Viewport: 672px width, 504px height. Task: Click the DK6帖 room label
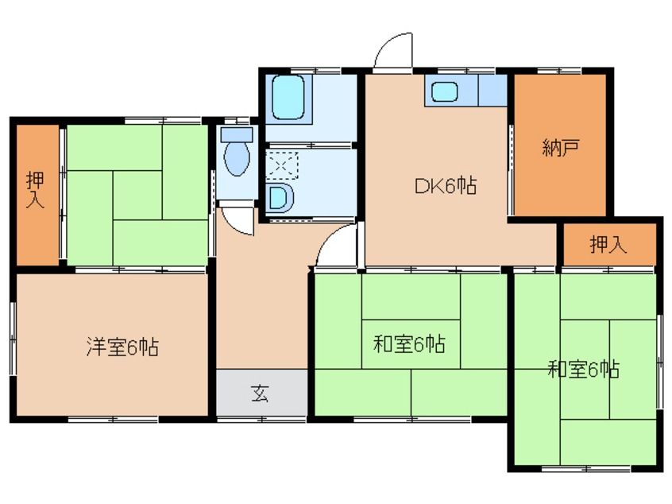(444, 187)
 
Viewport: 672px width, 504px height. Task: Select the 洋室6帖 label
(122, 347)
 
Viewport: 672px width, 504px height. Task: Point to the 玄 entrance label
(261, 393)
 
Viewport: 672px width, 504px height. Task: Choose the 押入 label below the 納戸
(608, 245)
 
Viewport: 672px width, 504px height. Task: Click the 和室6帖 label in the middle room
(409, 345)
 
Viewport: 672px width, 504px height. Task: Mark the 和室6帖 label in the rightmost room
(584, 369)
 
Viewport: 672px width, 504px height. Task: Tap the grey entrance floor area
(261, 393)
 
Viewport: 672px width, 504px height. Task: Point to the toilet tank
(236, 134)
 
